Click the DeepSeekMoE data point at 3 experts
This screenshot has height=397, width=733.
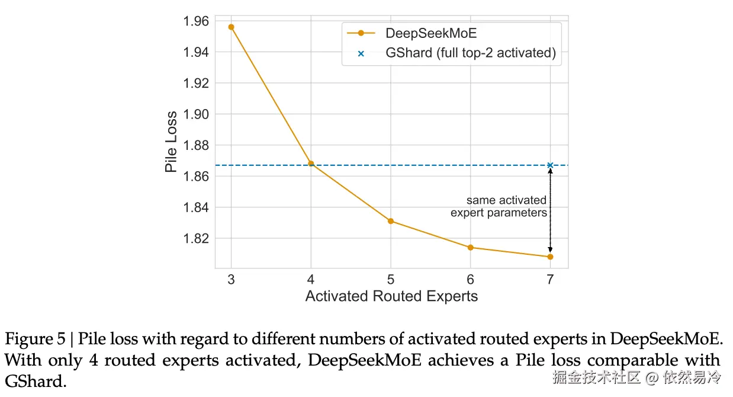[x=231, y=27]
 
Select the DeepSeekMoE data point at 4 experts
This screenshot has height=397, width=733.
[x=311, y=164]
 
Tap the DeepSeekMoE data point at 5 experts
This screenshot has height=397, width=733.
[x=391, y=221]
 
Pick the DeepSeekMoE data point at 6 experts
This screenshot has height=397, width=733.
[x=471, y=247]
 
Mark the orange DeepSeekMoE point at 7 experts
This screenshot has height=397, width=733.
[x=550, y=257]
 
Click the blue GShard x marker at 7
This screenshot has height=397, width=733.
[x=550, y=165]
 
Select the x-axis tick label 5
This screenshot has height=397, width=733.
[x=391, y=279]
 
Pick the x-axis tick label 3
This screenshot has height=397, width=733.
[x=231, y=279]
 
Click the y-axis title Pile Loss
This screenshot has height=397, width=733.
[x=171, y=142]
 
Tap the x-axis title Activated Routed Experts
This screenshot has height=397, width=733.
[x=391, y=296]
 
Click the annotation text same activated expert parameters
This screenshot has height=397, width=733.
[x=499, y=207]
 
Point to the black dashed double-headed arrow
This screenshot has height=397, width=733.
[x=550, y=210]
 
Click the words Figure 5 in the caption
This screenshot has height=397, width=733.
[x=37, y=340]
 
